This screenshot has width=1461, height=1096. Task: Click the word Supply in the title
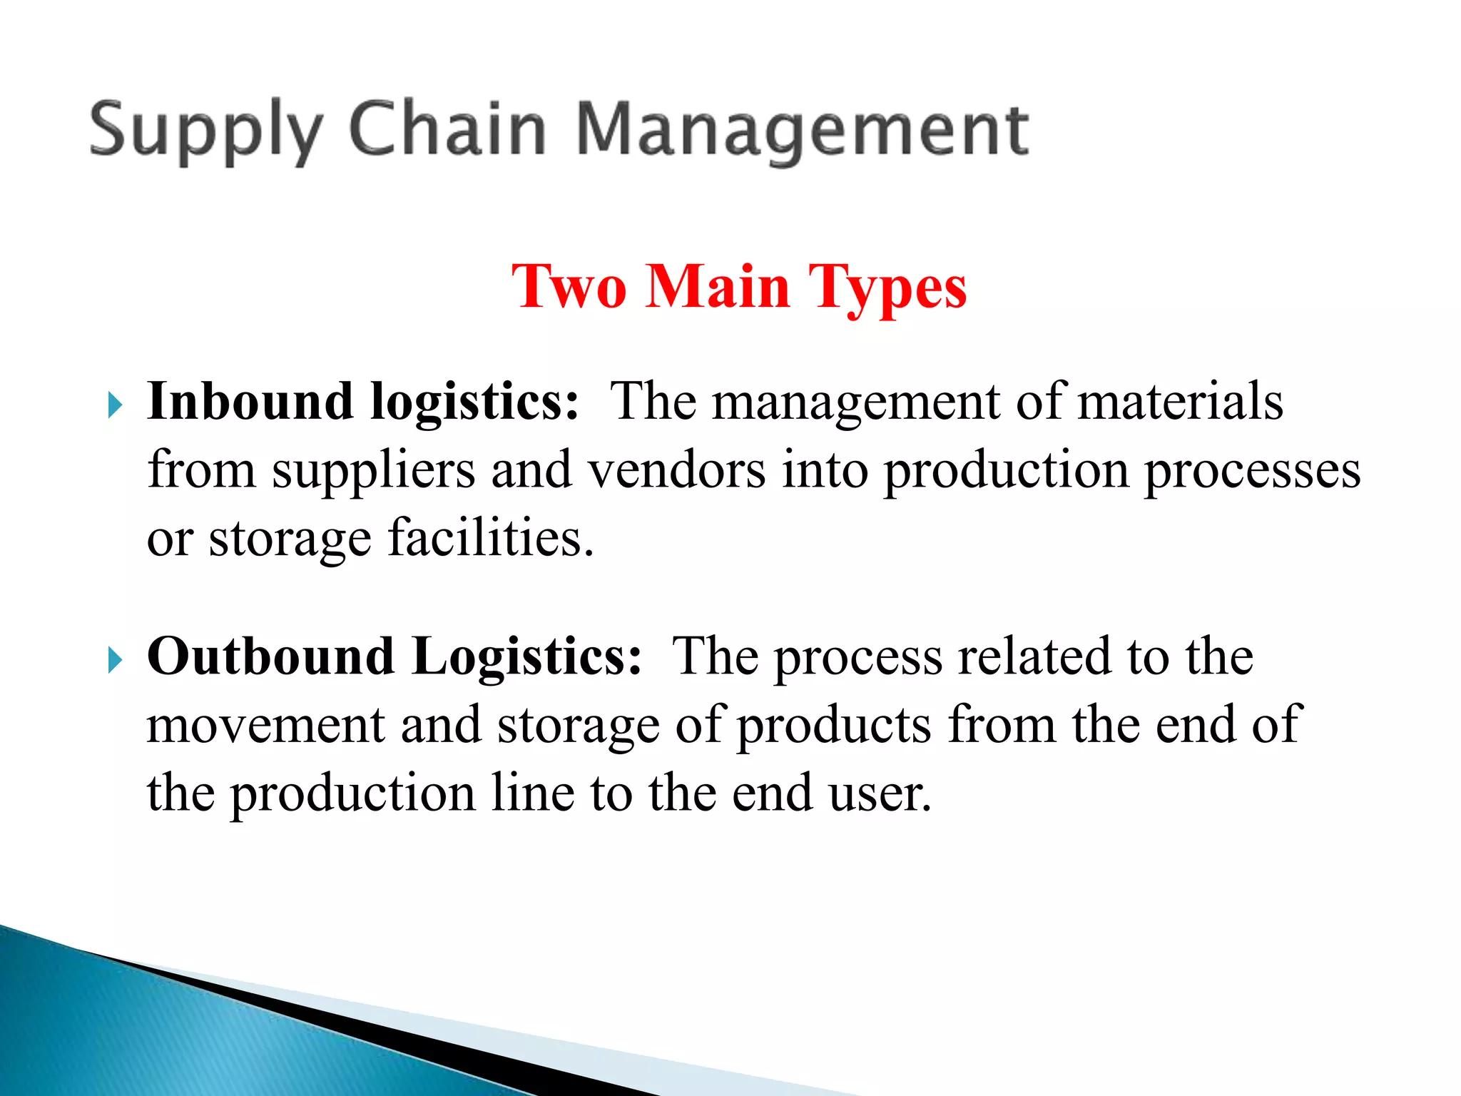click(205, 131)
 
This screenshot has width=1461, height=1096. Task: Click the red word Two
click(569, 287)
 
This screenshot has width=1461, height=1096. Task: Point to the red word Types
click(887, 287)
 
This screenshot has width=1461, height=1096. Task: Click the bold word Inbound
click(250, 402)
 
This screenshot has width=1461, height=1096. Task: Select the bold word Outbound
click(270, 656)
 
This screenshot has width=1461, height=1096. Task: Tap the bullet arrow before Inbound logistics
click(114, 405)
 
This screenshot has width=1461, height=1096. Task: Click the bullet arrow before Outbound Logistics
click(114, 660)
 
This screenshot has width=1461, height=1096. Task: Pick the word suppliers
click(373, 471)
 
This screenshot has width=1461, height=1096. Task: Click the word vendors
click(676, 471)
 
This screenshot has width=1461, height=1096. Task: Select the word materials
click(1180, 402)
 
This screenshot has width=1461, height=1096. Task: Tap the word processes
click(1253, 471)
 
